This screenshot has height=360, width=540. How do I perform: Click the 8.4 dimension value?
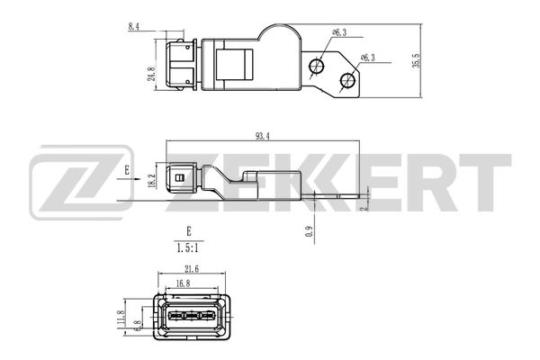click(x=134, y=28)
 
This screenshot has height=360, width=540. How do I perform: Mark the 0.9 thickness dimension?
click(x=309, y=231)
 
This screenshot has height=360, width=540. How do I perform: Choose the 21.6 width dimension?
click(x=191, y=268)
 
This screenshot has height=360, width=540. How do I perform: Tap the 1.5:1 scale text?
click(x=189, y=247)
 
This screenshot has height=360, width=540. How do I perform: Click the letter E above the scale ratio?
click(x=189, y=230)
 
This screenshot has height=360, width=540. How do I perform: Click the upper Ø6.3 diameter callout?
click(x=339, y=32)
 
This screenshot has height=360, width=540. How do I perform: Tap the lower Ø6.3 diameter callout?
click(x=367, y=57)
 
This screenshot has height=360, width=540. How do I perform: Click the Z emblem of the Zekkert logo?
click(x=79, y=186)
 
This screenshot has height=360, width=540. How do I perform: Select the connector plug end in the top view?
click(x=177, y=63)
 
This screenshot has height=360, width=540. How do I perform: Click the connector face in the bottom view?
click(x=191, y=317)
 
